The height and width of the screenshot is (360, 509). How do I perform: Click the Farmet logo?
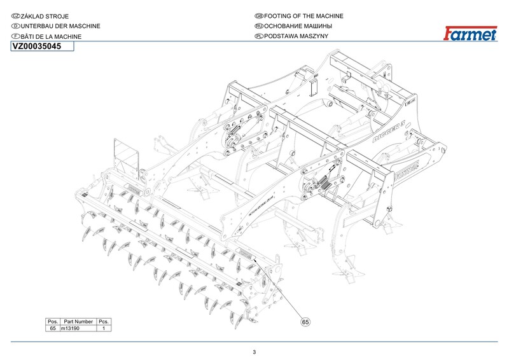click(x=471, y=34)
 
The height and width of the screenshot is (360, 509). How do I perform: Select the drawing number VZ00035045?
click(x=38, y=46)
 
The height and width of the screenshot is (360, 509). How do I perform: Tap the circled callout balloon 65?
click(x=305, y=322)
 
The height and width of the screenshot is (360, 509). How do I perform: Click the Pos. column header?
click(x=53, y=322)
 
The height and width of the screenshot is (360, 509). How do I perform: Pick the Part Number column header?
click(x=78, y=322)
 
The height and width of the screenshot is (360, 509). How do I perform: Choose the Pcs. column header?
click(x=104, y=322)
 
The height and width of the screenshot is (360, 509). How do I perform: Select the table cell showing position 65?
click(x=53, y=329)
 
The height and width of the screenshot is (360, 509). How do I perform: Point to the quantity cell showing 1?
click(x=104, y=329)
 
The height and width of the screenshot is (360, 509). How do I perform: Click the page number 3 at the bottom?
click(x=254, y=352)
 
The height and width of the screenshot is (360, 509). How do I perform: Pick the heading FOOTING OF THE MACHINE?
click(x=303, y=15)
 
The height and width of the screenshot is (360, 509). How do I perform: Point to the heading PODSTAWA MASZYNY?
click(x=296, y=37)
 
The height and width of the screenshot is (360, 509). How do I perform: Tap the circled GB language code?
click(x=258, y=15)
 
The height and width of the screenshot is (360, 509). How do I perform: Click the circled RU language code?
click(x=258, y=26)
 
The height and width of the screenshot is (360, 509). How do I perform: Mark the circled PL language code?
click(x=258, y=37)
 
